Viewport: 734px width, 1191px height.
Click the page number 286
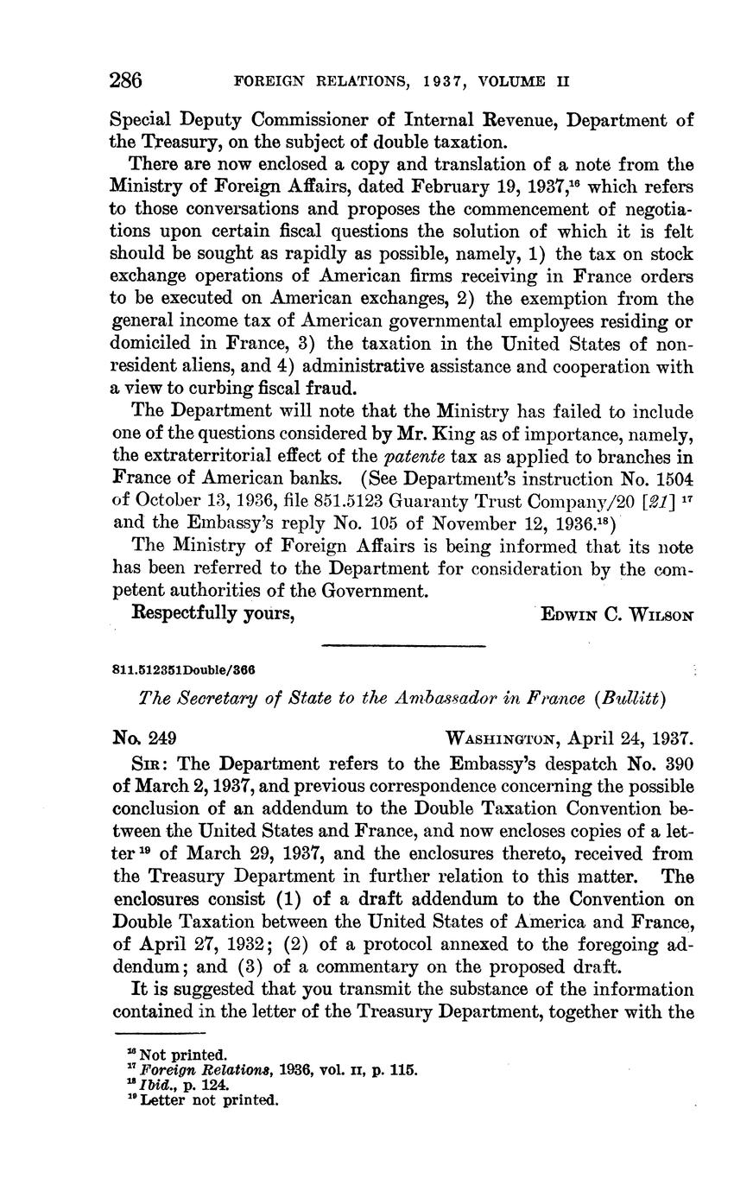point(126,81)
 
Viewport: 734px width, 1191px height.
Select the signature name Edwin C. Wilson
point(616,614)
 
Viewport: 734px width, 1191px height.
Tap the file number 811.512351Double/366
point(184,670)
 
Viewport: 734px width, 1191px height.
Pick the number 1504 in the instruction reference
point(674,478)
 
